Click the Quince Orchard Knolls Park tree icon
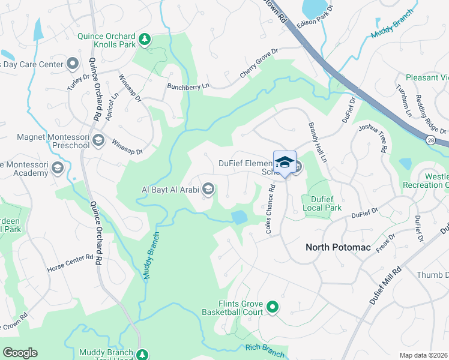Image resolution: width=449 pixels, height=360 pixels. pos(144,40)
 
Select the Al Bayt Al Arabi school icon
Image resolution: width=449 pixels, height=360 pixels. pos(208,190)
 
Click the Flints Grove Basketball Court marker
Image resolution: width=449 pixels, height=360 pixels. pos(273,308)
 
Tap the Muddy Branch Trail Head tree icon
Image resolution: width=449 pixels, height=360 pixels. pos(142,355)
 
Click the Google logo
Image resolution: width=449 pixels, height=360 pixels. pos(20,353)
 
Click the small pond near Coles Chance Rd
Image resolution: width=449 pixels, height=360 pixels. pos(238,217)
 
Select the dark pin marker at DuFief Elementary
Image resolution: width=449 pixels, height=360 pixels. pos(285,163)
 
